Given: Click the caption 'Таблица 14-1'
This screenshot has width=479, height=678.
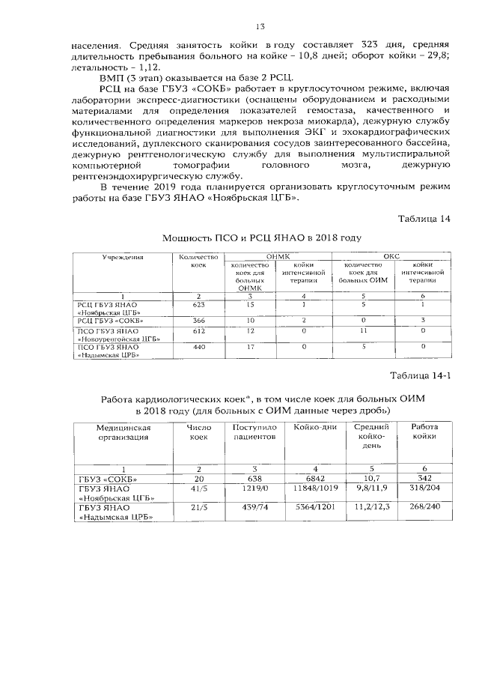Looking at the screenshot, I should [x=422, y=375].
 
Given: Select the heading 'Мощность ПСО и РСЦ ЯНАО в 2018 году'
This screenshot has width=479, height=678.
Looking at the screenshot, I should [x=261, y=237].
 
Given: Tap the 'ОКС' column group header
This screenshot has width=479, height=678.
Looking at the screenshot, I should [x=391, y=256].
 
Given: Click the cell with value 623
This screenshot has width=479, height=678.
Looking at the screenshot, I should [x=198, y=305].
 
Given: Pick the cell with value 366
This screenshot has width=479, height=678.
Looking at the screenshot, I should [x=198, y=320].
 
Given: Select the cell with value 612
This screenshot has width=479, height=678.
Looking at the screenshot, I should [x=198, y=330].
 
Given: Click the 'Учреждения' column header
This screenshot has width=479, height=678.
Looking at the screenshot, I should [x=123, y=257].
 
